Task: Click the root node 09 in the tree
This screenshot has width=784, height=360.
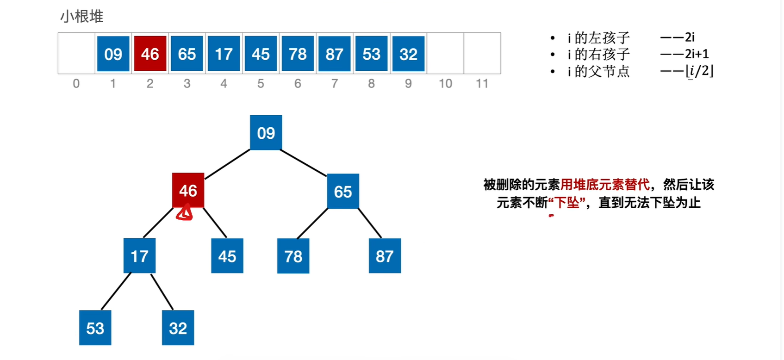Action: (x=266, y=133)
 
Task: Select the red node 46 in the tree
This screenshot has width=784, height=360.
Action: (x=188, y=190)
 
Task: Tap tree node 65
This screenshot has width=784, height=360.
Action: (x=343, y=191)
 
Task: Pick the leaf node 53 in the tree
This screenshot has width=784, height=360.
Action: (x=95, y=328)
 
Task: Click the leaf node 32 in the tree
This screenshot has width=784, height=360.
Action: (x=178, y=328)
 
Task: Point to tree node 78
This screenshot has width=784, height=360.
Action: (x=293, y=256)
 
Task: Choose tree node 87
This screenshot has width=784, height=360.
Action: (x=385, y=256)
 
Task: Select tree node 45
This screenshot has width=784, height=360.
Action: (x=227, y=256)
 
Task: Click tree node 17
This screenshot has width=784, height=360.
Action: (x=140, y=255)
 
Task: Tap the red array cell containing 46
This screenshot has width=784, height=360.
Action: (x=150, y=54)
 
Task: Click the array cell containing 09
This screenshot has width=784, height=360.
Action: (x=113, y=54)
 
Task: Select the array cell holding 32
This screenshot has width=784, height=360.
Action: (x=408, y=54)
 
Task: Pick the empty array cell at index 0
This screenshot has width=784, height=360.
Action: (x=76, y=53)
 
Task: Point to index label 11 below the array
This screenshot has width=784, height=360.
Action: (x=482, y=84)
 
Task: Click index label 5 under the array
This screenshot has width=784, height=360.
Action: (x=261, y=84)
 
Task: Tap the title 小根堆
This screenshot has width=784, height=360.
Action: (x=82, y=17)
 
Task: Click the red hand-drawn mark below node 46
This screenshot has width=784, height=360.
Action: (x=185, y=214)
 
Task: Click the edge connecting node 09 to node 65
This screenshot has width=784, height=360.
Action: (x=304, y=163)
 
